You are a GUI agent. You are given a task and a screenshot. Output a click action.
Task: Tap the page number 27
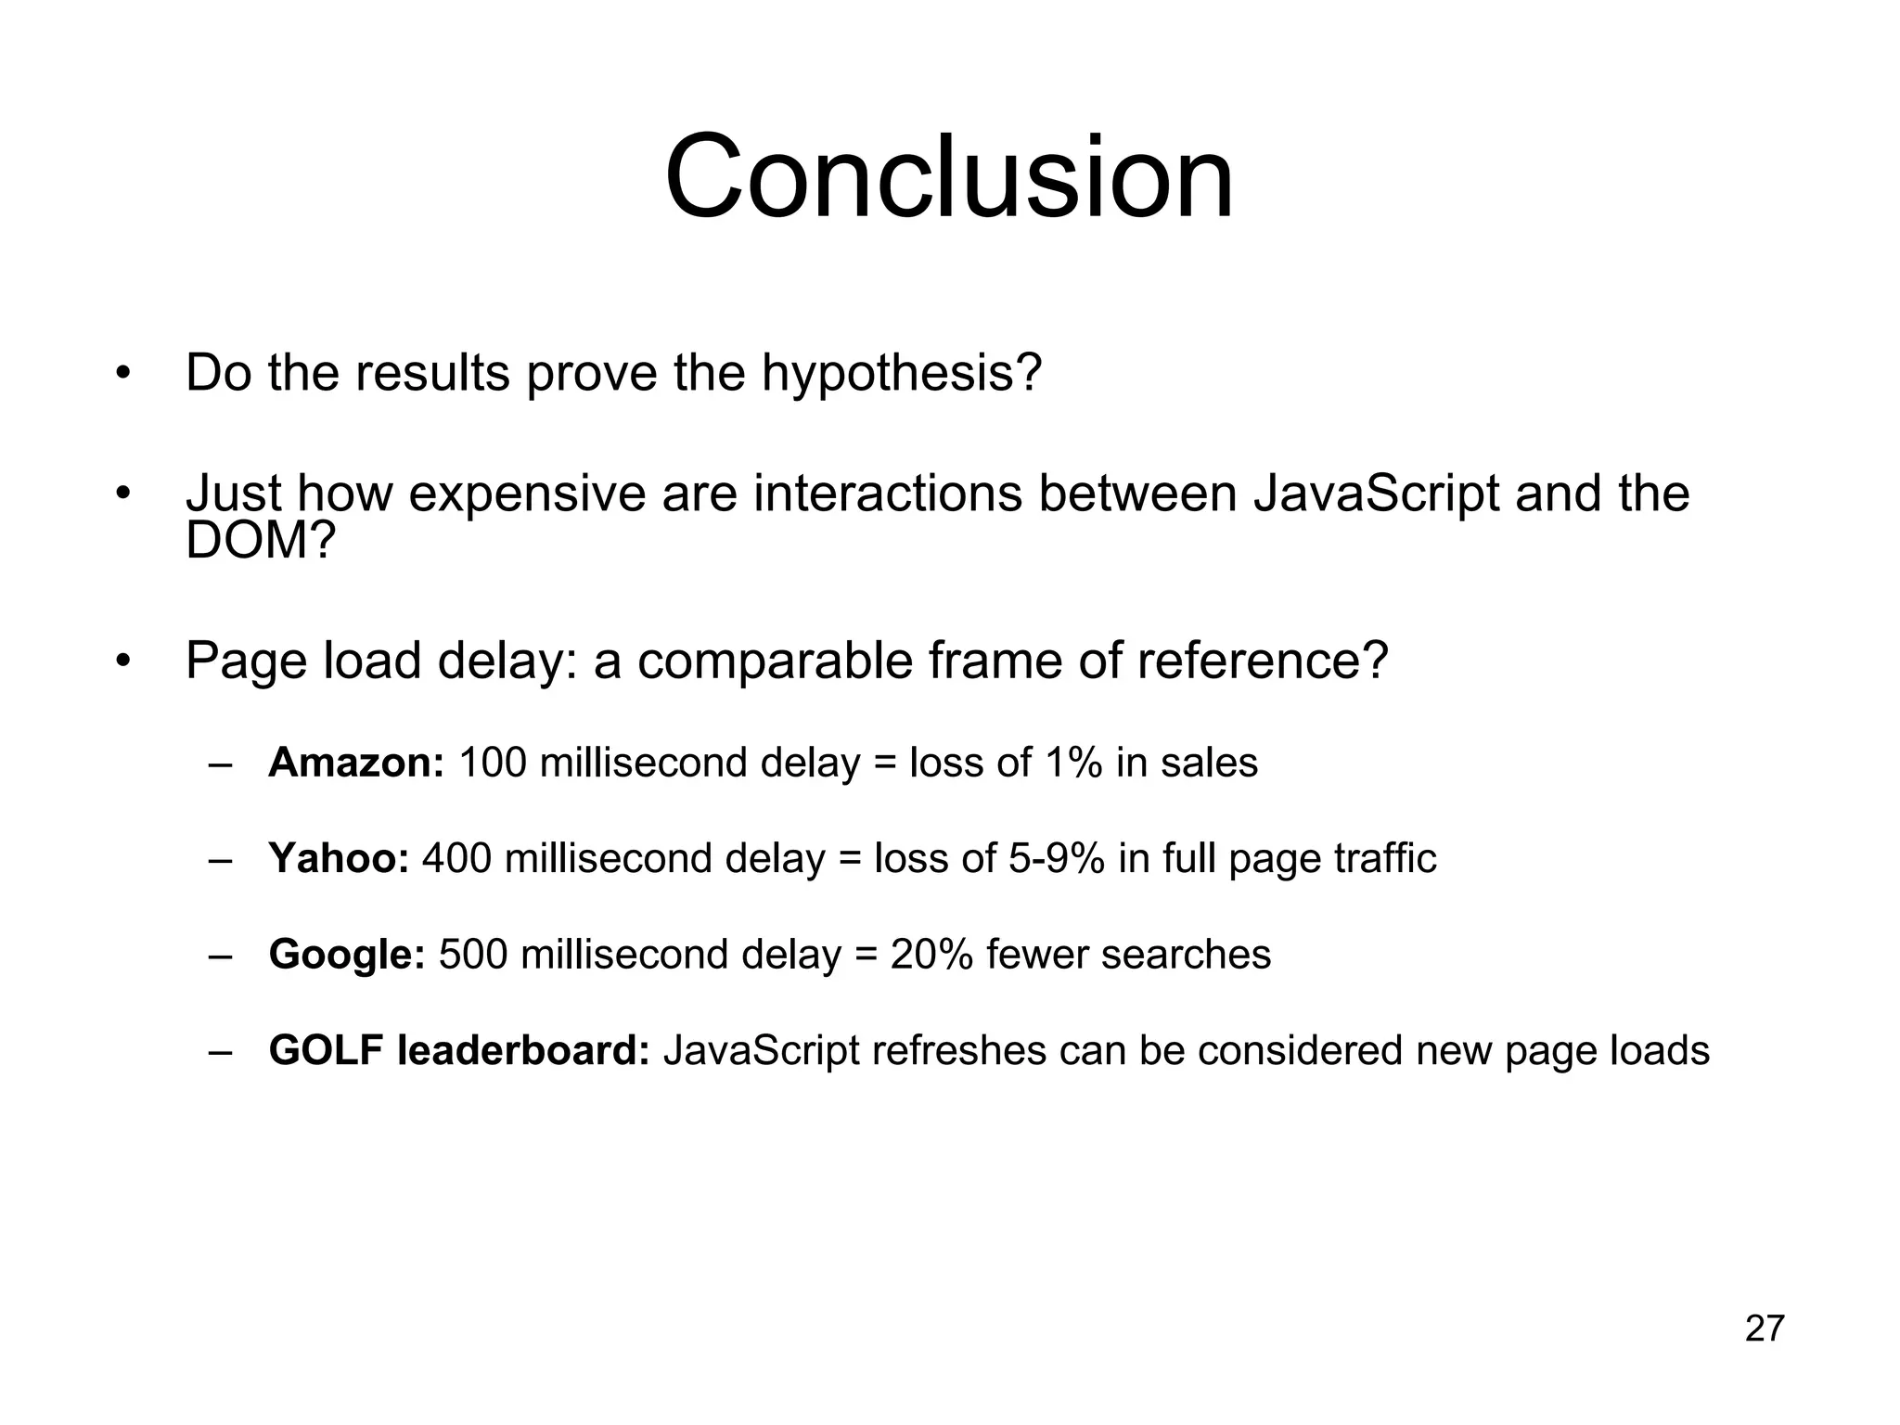(x=1765, y=1329)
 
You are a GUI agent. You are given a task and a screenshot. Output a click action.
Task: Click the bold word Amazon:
(x=356, y=763)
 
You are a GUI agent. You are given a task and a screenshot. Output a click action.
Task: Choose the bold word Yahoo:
(x=339, y=858)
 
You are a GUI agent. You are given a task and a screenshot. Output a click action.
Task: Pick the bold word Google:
(x=347, y=955)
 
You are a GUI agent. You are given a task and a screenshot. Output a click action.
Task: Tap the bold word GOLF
(x=326, y=1050)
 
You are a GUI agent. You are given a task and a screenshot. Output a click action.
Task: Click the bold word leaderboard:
(x=523, y=1050)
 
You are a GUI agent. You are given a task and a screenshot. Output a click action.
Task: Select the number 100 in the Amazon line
(x=493, y=763)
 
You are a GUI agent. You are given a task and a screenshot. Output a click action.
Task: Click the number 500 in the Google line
(x=472, y=955)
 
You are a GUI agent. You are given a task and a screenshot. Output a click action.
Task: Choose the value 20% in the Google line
(x=931, y=955)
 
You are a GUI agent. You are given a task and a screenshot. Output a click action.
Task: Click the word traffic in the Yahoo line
(x=1385, y=858)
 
